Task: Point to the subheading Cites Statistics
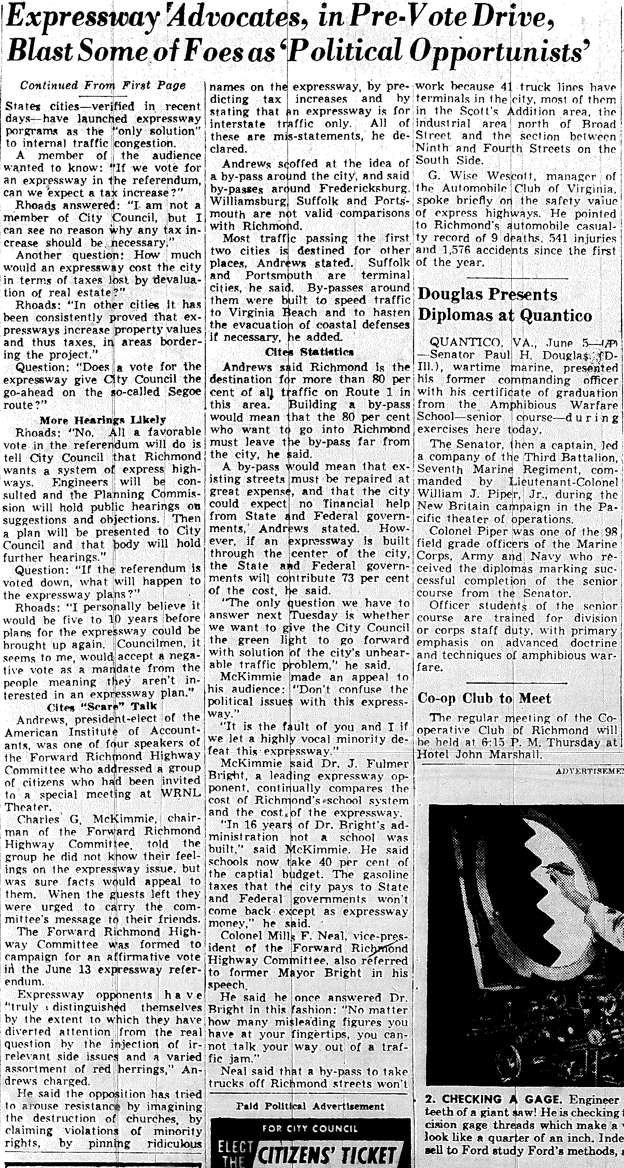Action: click(310, 352)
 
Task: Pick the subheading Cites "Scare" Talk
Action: click(102, 706)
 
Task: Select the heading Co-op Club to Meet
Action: click(484, 698)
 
